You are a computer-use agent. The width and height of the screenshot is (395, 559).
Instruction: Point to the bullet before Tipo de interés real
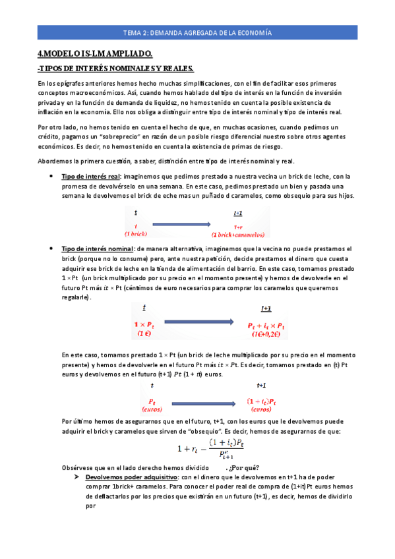click(x=51, y=177)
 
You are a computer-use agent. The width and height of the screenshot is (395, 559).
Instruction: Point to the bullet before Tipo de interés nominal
click(x=51, y=249)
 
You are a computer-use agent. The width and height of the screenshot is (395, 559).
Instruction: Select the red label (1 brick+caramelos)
click(x=238, y=234)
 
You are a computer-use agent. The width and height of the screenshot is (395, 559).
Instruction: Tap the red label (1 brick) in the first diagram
click(x=136, y=234)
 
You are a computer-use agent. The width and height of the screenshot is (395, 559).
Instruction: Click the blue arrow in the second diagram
click(x=198, y=322)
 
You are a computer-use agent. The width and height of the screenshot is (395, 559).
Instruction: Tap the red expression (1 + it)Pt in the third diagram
click(x=261, y=400)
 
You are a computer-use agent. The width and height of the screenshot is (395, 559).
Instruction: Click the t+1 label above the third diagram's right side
click(x=261, y=385)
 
